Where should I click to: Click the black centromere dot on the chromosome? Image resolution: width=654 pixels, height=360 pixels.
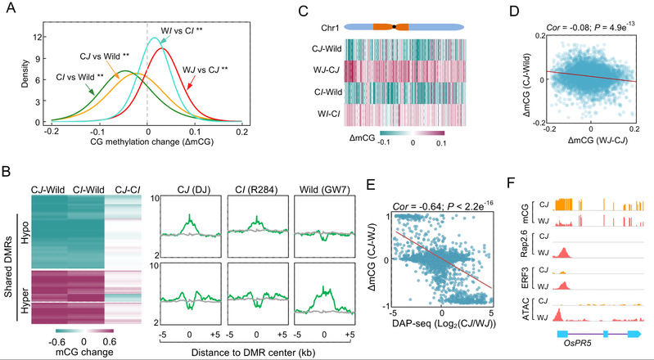395,27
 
